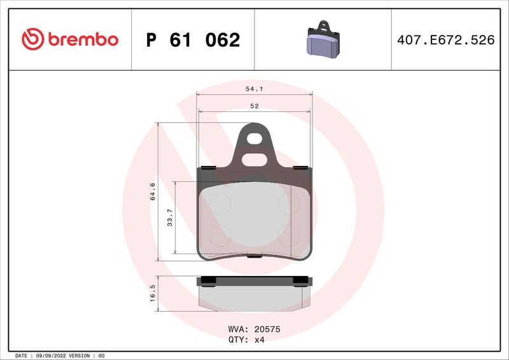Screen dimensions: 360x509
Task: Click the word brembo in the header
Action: click(x=81, y=39)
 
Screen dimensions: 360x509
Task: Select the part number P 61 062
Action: click(x=193, y=40)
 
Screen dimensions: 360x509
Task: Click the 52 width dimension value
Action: click(x=254, y=106)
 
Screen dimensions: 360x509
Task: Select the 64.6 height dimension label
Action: click(x=152, y=191)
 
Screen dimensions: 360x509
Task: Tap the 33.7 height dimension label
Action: click(x=169, y=218)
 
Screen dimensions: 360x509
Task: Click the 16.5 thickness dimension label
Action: click(x=152, y=294)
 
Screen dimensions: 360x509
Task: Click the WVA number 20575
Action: click(x=267, y=329)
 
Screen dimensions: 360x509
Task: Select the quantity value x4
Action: click(x=258, y=340)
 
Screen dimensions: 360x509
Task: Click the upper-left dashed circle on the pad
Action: click(x=220, y=203)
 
